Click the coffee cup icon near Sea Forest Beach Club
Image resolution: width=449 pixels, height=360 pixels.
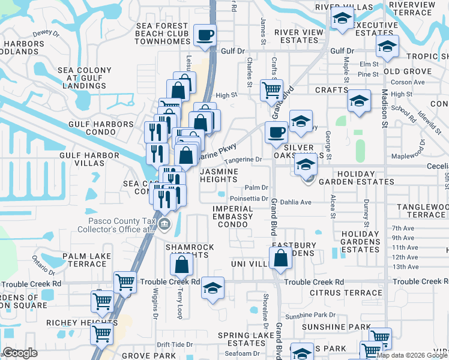tap(205, 35)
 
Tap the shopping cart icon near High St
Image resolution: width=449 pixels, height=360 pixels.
tap(271, 90)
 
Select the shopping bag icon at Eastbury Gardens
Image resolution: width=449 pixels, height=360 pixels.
tap(280, 258)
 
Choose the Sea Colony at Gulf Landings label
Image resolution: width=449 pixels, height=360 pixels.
tap(85, 78)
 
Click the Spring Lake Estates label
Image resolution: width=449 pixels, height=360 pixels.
tap(242, 339)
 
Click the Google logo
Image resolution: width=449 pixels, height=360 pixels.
tap(20, 353)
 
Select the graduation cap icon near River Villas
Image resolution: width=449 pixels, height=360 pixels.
tap(342, 19)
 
